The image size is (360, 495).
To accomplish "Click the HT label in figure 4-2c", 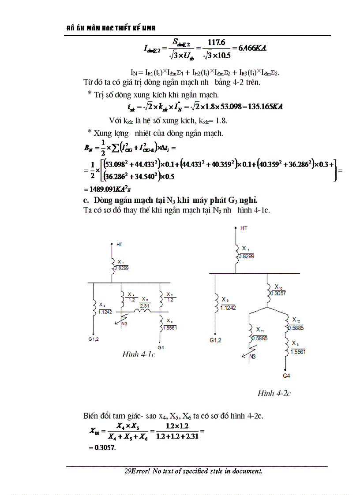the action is coord(244,228).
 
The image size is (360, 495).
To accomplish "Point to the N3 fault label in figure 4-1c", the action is coord(125,324).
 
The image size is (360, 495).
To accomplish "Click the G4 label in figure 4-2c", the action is coord(286,376).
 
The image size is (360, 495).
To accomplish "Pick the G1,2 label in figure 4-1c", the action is coord(94,339).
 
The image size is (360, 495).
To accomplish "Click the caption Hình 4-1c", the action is coord(139,354).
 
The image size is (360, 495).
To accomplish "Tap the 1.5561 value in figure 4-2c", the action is coord(298,351).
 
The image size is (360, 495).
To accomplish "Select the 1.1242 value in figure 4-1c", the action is coord(105,312).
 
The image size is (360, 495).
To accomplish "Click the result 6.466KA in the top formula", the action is coord(254,48).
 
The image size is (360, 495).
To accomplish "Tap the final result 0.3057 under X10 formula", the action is coord(105,448).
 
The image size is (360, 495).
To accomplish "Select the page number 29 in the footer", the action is coord(127,471).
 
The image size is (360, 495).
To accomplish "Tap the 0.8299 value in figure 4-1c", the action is coord(121,268).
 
